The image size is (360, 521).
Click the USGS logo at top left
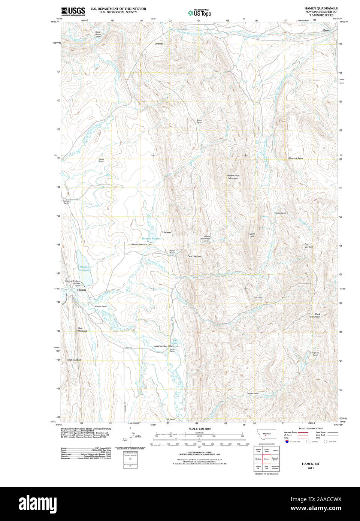[73, 11]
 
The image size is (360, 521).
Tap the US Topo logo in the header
[200, 13]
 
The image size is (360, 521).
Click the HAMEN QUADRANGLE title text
[321, 8]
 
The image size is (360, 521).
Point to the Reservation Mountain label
[233, 177]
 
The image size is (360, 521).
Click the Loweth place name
[159, 43]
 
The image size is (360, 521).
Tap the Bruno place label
[327, 30]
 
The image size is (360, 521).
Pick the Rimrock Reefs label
[296, 158]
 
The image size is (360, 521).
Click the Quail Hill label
[252, 235]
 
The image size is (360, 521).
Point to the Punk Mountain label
[315, 315]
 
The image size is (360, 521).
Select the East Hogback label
[194, 256]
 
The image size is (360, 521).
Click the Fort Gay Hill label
[308, 246]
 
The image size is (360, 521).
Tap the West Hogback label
[74, 360]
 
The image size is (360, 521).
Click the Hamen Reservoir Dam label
[142, 244]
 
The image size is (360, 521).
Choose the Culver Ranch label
[101, 160]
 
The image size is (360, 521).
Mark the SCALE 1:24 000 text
[199, 429]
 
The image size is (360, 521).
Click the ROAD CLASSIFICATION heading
[311, 428]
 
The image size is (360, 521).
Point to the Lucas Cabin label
[257, 298]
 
